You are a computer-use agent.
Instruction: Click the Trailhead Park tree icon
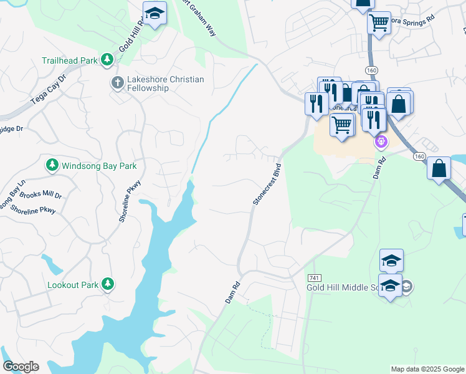pos(107,59)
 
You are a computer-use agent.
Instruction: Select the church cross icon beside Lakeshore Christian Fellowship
pos(117,82)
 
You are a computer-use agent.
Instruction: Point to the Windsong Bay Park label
pos(98,166)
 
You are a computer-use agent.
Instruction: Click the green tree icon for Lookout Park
pos(108,284)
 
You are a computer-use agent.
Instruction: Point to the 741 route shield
pos(314,276)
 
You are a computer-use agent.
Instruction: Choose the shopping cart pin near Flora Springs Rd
pos(379,24)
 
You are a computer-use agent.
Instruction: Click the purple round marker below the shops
pos(381,142)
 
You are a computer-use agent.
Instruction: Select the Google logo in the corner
pos(21,367)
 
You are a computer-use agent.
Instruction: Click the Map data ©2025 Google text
pos(427,369)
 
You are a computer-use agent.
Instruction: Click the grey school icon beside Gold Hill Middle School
pos(406,287)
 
